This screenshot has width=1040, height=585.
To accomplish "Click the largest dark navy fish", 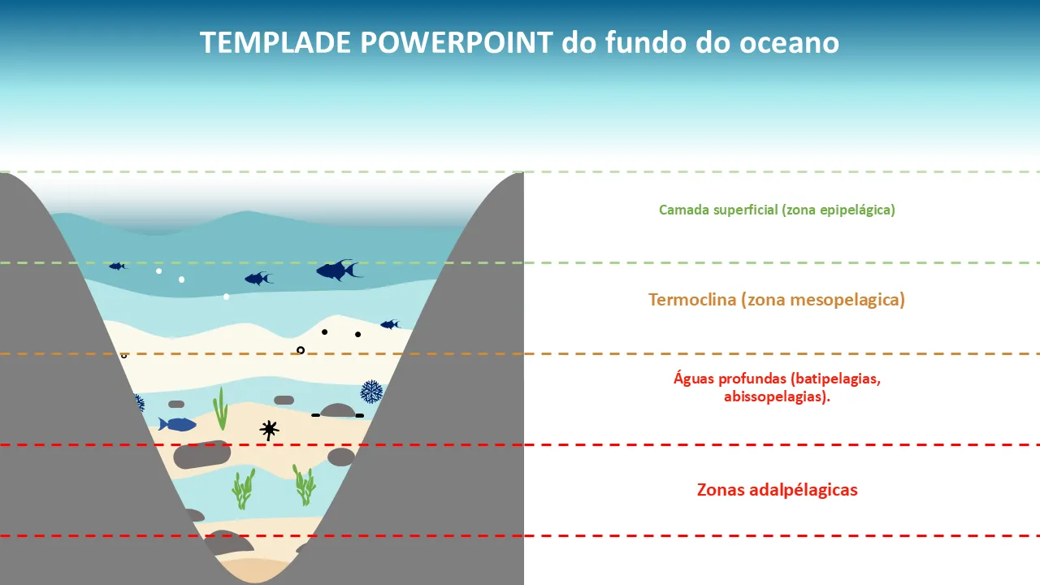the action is point(339,271).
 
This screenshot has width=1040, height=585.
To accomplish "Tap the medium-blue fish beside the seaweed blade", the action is point(177,424).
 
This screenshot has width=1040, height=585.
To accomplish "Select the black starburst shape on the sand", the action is point(269,430).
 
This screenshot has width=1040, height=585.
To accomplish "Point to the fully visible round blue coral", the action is point(372,392).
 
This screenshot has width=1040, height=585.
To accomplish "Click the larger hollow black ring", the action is point(301,350).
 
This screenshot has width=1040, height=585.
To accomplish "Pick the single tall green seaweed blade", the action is point(220,409).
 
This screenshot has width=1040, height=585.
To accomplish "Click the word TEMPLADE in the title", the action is point(275,43).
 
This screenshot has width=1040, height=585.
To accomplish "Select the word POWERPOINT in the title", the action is point(457,43).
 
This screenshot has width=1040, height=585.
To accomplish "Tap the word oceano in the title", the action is point(789,43).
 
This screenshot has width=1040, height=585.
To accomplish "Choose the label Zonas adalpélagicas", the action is point(778,490).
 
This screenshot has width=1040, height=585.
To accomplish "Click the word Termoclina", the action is point(692,300).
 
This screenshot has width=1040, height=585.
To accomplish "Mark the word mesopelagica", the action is point(845,300).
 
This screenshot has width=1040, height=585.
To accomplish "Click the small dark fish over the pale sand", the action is point(390,324).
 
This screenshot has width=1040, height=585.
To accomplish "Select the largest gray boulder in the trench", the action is point(202,454).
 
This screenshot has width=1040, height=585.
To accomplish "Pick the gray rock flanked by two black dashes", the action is point(338,410).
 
